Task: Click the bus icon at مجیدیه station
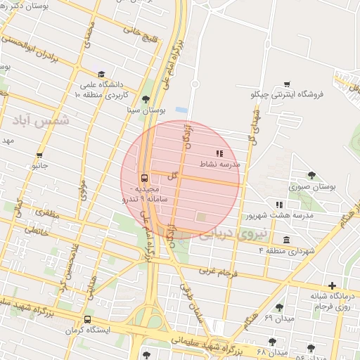(144, 178)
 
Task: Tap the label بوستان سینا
(146, 110)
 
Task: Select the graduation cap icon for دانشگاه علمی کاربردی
(102, 74)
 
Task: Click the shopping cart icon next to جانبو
(39, 155)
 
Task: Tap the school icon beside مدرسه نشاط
(219, 153)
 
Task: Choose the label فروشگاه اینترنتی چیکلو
(287, 94)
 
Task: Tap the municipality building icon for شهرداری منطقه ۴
(286, 239)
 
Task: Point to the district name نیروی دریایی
(233, 234)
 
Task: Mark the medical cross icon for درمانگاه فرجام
(333, 285)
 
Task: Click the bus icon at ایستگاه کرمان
(87, 319)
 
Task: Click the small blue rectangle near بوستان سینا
(181, 110)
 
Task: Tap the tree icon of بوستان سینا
(146, 99)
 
